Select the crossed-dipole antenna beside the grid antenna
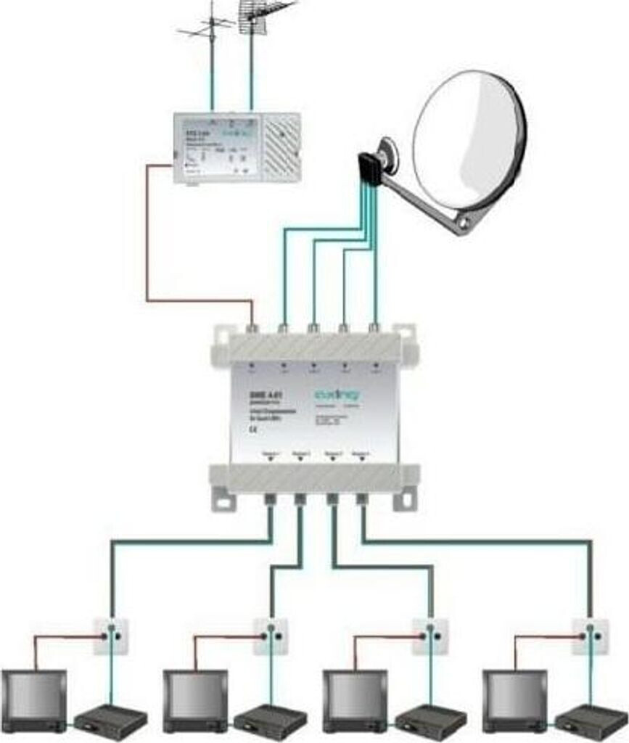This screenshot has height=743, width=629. (x=209, y=29)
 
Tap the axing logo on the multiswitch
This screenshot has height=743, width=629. (x=338, y=395)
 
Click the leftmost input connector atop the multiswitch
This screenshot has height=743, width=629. (x=252, y=329)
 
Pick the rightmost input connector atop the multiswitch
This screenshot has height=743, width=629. (x=374, y=329)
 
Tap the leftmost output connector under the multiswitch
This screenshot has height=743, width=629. (x=269, y=498)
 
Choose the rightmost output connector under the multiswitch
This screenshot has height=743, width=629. (x=362, y=498)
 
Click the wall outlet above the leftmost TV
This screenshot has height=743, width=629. (x=110, y=636)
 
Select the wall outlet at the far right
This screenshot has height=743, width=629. (x=590, y=636)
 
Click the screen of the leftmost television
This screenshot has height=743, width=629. (x=33, y=696)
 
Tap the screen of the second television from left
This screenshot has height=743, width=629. (x=194, y=696)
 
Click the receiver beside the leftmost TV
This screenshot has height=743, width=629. (x=110, y=721)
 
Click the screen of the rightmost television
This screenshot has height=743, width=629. (x=514, y=696)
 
